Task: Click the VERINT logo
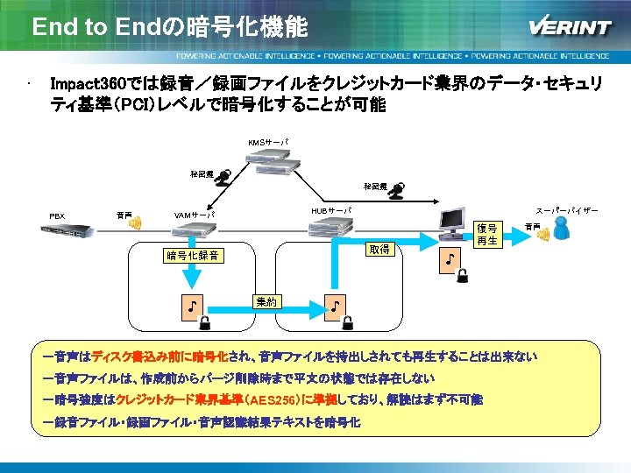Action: [x=570, y=26]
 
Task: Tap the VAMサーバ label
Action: [x=195, y=215]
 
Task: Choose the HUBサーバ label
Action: [x=330, y=211]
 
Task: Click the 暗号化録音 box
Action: [x=194, y=256]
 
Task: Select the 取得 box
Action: [x=379, y=250]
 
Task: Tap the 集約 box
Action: [x=266, y=301]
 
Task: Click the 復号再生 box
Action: [x=487, y=234]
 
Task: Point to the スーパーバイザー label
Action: [x=567, y=212]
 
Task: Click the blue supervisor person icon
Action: [x=564, y=230]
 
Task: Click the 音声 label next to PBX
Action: [x=124, y=214]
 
